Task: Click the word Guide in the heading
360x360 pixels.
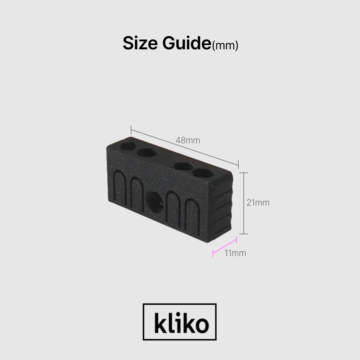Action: click(x=186, y=43)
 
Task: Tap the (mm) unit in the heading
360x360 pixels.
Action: click(x=225, y=45)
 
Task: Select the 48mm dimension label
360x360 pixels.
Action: click(x=188, y=140)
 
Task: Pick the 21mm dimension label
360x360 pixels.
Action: click(x=258, y=203)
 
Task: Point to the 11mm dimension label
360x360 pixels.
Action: click(x=235, y=253)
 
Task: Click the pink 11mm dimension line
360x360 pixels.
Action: click(x=225, y=247)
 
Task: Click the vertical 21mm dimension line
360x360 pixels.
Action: click(x=244, y=203)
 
